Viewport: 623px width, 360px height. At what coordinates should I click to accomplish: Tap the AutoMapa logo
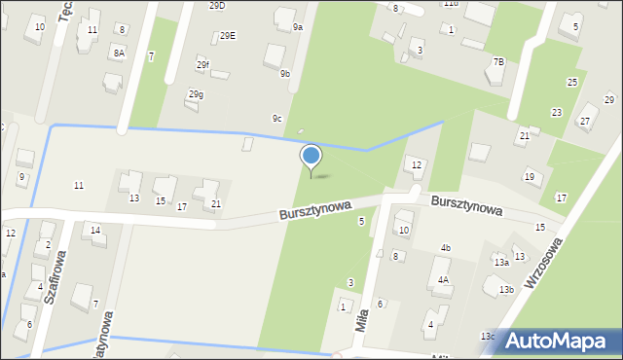(559, 341)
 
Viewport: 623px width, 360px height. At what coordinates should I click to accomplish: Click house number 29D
(217, 5)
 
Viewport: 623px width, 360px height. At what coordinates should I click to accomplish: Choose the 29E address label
(227, 36)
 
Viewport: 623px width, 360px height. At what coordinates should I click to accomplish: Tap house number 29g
(196, 94)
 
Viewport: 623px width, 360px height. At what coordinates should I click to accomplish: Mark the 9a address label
(298, 27)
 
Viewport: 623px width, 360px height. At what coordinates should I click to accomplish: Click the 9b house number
(285, 73)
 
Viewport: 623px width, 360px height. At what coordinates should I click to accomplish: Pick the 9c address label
(277, 119)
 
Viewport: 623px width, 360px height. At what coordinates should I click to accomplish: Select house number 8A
(119, 53)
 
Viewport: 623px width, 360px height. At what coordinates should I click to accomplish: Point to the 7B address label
(498, 61)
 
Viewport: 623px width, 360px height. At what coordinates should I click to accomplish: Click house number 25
(572, 82)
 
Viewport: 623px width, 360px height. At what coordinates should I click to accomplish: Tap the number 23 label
(556, 113)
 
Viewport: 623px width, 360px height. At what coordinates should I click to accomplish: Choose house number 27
(585, 121)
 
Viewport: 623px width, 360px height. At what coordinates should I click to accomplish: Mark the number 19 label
(530, 176)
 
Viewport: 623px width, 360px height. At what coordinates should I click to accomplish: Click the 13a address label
(501, 262)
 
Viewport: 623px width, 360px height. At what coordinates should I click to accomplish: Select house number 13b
(506, 289)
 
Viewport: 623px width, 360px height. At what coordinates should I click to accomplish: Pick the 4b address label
(445, 248)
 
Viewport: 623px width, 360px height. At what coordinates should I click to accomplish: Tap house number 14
(95, 230)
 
